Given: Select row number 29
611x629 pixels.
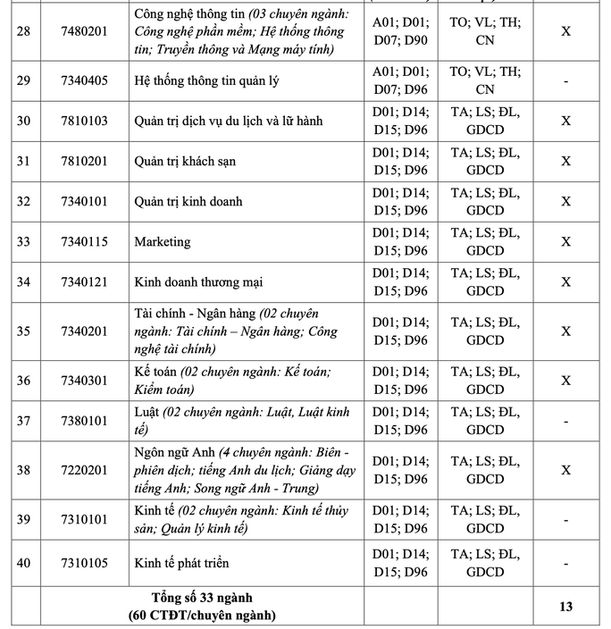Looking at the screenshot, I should pos(23,81).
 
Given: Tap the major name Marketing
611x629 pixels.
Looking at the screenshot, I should pos(162,242).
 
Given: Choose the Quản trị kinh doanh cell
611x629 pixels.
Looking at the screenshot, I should pos(188,202).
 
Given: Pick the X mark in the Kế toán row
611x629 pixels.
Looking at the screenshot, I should pos(565,381).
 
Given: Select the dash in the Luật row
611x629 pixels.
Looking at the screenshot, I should pos(565,421).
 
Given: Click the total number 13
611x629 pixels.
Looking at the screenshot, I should pos(565,608).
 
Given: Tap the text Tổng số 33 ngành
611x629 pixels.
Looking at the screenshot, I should pos(201,599).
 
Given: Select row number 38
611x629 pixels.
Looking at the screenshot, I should pos(23,470).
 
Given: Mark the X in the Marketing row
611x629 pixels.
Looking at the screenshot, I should pos(565,242).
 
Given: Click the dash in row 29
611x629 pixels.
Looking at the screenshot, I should pos(565,81).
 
